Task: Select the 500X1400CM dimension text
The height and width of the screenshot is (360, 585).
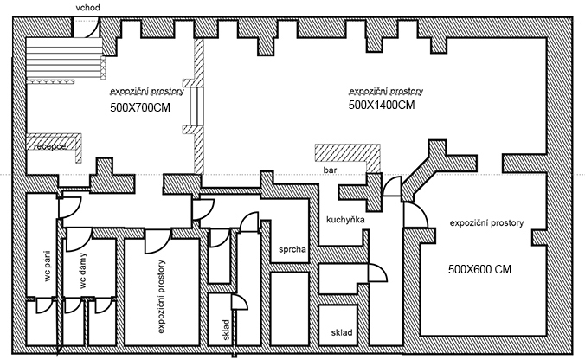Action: pos(382,105)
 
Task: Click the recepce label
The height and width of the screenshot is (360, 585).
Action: pos(50,147)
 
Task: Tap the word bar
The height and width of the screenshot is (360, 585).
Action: pos(329,171)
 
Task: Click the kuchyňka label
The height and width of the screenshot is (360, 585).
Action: pos(345,220)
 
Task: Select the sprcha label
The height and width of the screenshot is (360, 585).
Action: pos(292,250)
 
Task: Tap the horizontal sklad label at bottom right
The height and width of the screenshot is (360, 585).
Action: pos(342,333)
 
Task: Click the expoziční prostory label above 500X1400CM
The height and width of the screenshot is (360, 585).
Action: pos(385,91)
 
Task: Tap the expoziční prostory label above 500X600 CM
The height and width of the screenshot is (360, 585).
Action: pos(486,223)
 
